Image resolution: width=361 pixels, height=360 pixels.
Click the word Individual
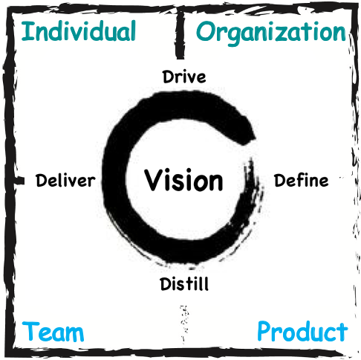coord(79,31)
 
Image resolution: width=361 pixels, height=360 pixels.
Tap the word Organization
coord(271,33)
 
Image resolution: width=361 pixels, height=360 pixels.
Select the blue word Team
coord(53,332)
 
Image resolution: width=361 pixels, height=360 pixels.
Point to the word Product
coord(302,331)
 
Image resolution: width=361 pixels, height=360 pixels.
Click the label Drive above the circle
coord(184,77)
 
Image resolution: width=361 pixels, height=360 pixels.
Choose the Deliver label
coord(65,180)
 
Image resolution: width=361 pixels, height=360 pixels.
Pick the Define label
coord(302,180)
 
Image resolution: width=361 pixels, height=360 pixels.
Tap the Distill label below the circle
coord(184,283)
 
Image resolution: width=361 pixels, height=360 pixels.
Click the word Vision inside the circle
coord(183,180)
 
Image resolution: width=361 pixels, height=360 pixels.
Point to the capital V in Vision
coord(153,180)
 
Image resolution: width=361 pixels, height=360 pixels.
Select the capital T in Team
coord(30,331)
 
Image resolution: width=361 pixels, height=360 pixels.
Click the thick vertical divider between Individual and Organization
coord(180,34)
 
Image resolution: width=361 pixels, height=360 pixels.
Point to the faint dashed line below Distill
coord(184,325)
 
